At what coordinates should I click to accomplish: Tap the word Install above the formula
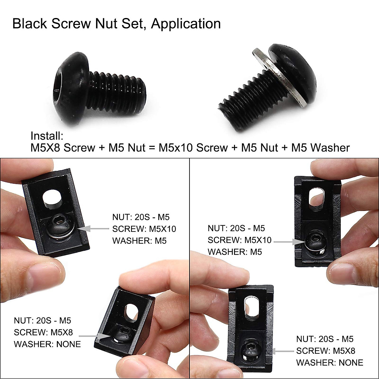coord(47,136)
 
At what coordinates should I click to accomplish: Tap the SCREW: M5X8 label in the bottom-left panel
coord(43,332)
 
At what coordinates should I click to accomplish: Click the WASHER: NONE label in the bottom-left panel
coord(47,344)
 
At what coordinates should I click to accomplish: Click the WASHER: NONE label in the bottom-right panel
coord(330,363)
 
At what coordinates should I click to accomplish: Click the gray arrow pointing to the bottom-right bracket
coord(283,351)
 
